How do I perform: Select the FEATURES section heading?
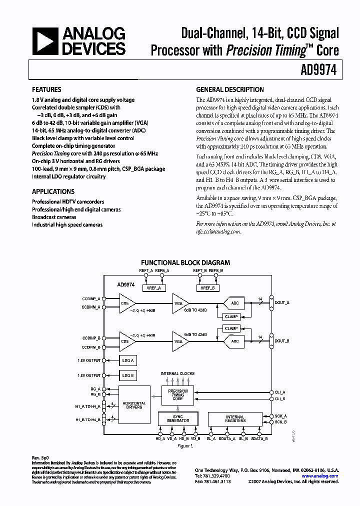tap(46, 90)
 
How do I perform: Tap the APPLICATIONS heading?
tap(53, 191)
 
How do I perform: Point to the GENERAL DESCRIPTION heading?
tap(230, 90)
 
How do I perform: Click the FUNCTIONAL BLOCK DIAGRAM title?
tap(185, 262)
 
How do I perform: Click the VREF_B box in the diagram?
tap(208, 287)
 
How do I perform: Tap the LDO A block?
tap(128, 360)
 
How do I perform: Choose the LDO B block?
tap(128, 375)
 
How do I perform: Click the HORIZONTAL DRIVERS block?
tap(133, 405)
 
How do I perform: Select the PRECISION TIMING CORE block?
tap(177, 395)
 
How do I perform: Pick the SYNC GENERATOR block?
tap(177, 418)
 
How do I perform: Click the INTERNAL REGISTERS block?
tap(234, 418)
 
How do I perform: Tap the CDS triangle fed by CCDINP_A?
tap(127, 303)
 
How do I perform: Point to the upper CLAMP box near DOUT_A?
tap(231, 316)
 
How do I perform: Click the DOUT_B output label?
tap(282, 341)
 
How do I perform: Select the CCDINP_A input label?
tap(91, 298)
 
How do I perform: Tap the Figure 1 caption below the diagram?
tap(185, 446)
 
